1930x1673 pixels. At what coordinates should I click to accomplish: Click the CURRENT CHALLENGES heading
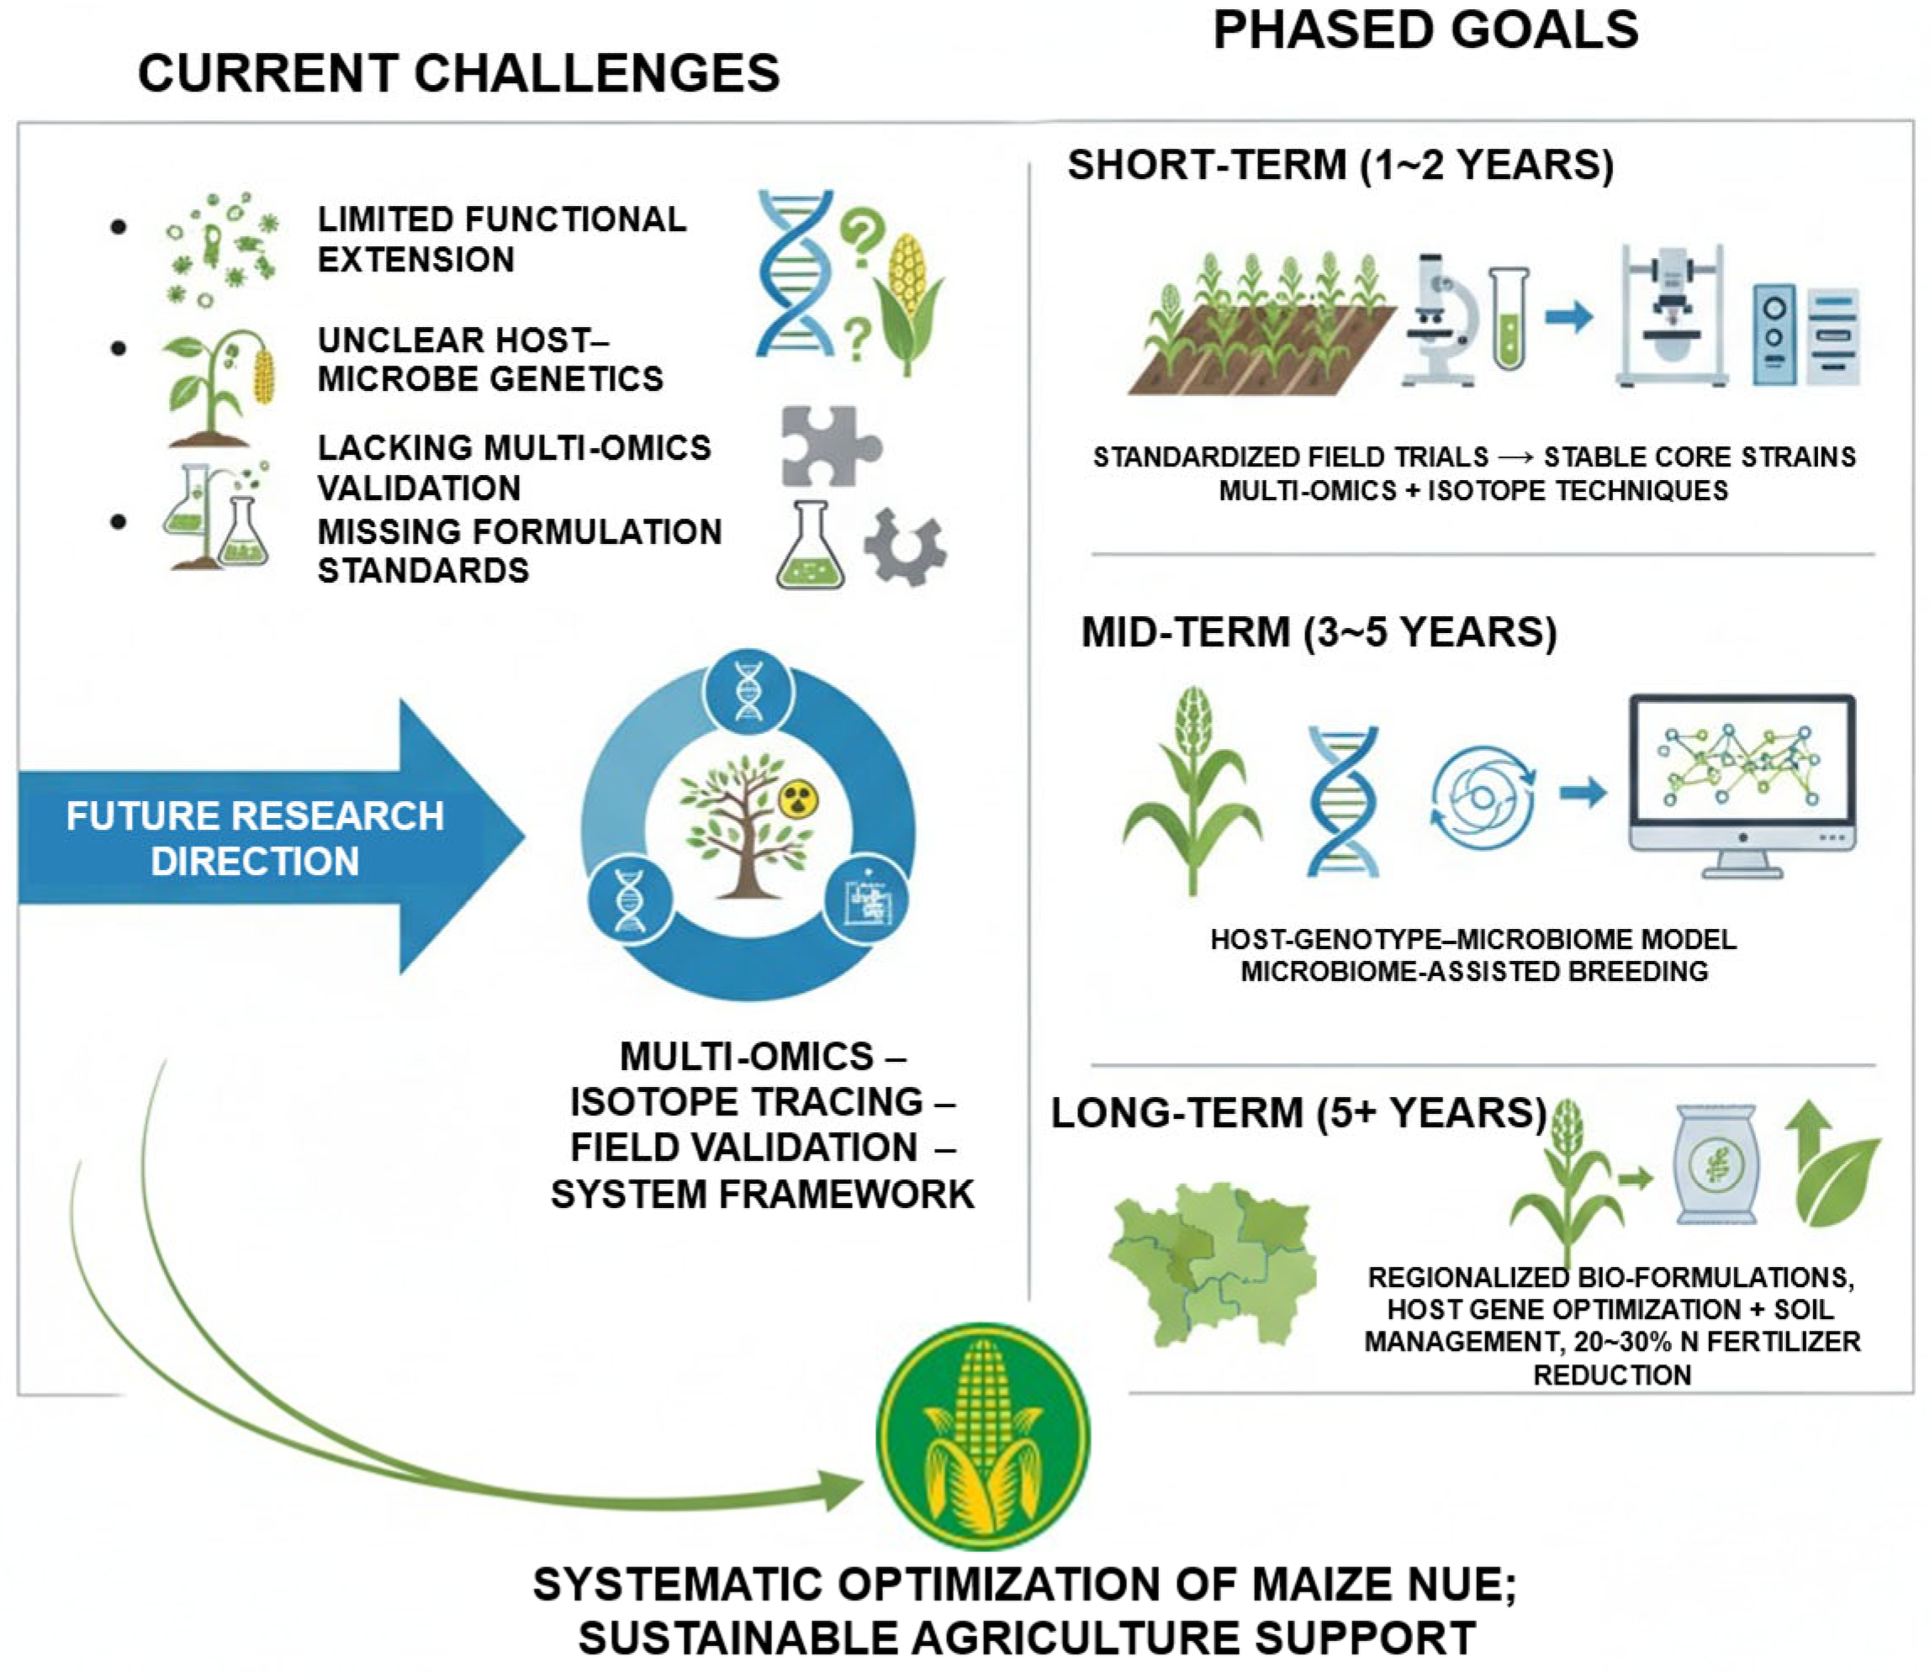coord(458,74)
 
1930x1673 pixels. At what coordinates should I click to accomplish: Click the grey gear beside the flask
coord(904,547)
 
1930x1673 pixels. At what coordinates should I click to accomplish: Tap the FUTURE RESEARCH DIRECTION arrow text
coord(255,837)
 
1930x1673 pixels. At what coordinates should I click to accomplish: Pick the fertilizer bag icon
coord(1716,1164)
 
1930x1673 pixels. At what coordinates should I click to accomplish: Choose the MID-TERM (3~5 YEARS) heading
coord(1319,632)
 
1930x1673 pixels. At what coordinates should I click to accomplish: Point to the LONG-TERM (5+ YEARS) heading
coord(1298,1113)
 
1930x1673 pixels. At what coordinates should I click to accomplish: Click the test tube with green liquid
coord(1509,319)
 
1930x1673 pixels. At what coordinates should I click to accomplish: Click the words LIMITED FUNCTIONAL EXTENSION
coord(502,239)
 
